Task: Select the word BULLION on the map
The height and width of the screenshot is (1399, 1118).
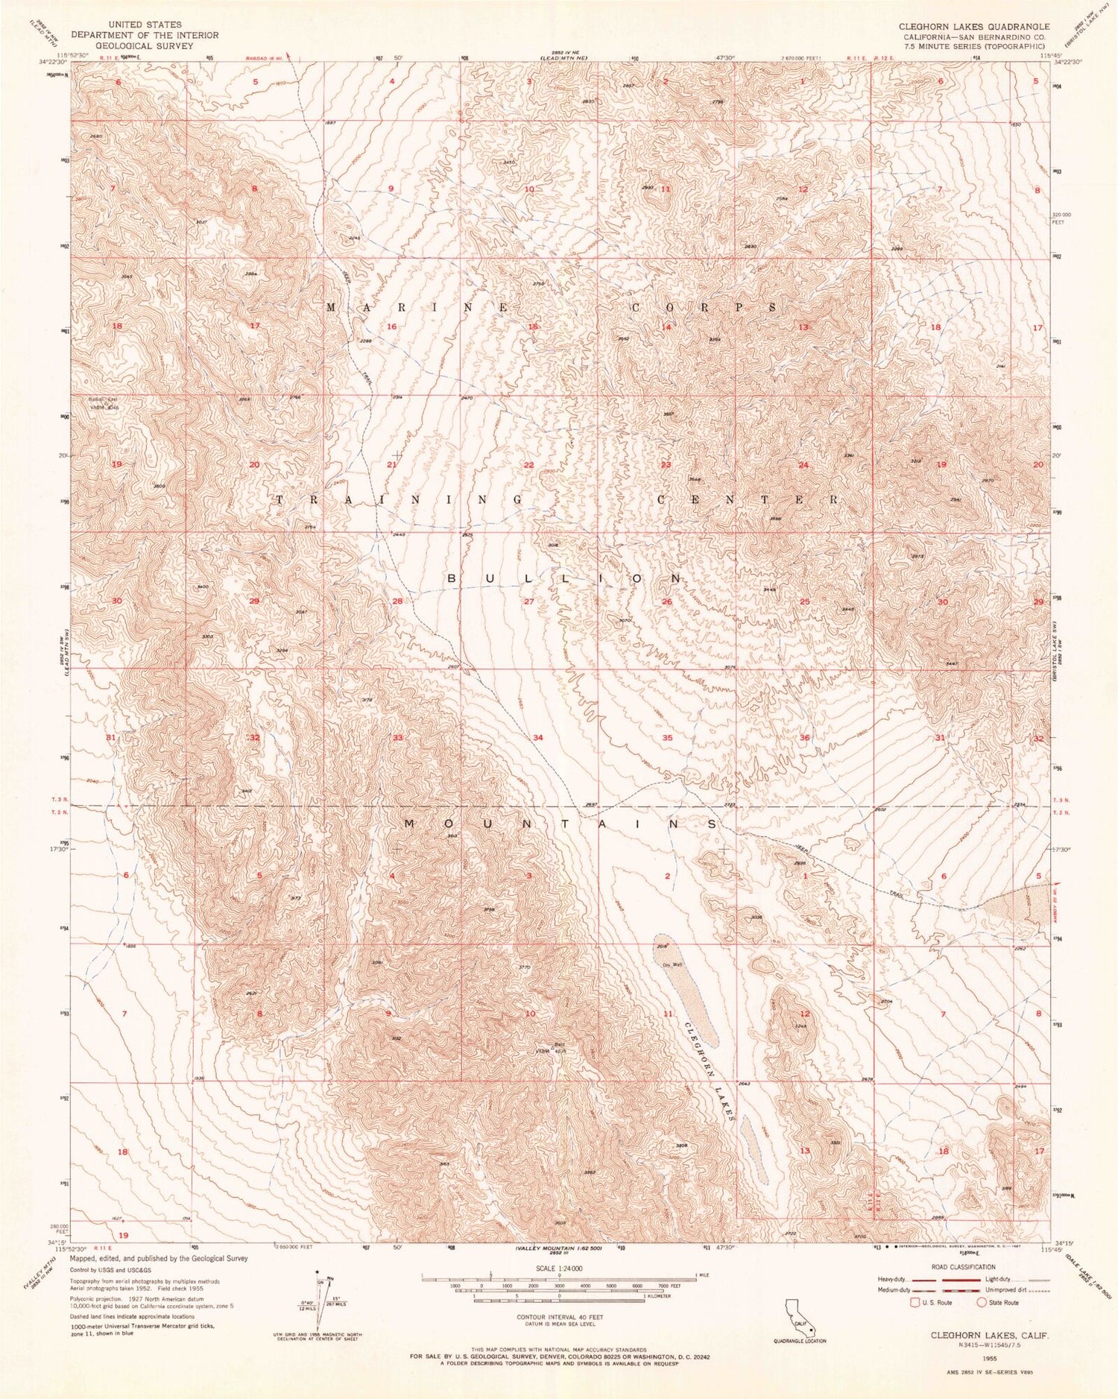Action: pyautogui.click(x=565, y=579)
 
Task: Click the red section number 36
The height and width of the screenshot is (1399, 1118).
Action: pyautogui.click(x=804, y=738)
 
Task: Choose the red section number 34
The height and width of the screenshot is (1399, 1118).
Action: pyautogui.click(x=537, y=738)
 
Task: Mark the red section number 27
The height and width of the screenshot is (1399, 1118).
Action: pyautogui.click(x=528, y=601)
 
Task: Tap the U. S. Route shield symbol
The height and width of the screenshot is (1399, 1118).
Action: pyautogui.click(x=915, y=1303)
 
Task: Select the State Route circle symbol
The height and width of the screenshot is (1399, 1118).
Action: pyautogui.click(x=982, y=1303)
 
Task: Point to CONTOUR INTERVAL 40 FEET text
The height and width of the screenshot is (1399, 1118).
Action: pyautogui.click(x=560, y=1317)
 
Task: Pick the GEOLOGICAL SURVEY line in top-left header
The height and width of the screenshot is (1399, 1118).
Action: pyautogui.click(x=144, y=45)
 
